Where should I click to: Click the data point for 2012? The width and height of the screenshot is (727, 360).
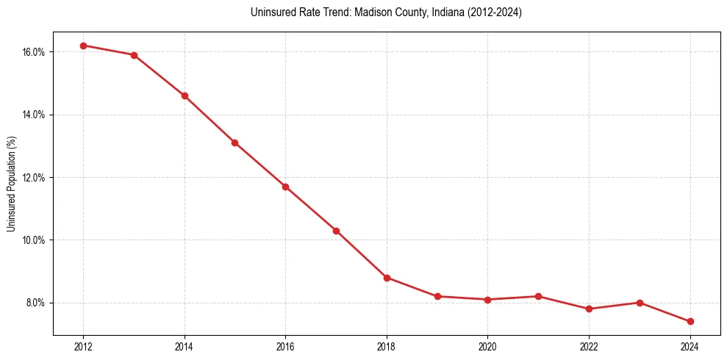click(83, 46)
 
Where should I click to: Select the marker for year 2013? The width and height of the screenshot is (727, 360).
click(134, 55)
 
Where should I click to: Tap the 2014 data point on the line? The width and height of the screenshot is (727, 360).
click(185, 96)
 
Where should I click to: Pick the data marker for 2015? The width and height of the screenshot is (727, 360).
click(234, 143)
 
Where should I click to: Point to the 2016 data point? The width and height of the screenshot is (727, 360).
click(285, 187)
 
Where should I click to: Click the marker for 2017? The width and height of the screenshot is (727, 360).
click(336, 231)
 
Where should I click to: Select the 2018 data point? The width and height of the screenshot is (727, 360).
click(387, 278)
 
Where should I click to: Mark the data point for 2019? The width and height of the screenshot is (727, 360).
click(437, 296)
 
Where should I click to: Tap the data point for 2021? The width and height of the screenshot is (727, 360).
click(538, 296)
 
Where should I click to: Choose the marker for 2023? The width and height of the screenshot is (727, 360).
click(640, 303)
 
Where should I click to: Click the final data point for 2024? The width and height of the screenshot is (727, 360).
click(690, 321)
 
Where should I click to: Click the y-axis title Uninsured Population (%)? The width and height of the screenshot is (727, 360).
click(11, 183)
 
